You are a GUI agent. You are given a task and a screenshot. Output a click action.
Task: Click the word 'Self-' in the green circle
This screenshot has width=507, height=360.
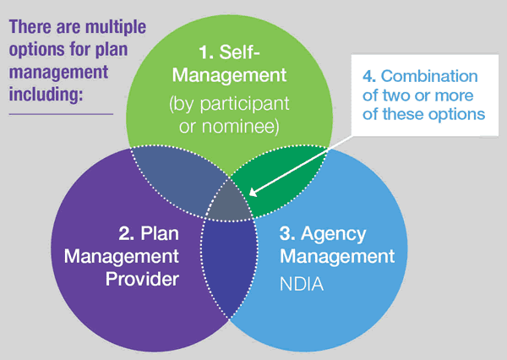[239, 52]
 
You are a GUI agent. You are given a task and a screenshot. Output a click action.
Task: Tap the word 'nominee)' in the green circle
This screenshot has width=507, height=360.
[240, 126]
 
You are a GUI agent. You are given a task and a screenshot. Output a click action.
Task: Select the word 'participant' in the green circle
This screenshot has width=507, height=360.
[244, 104]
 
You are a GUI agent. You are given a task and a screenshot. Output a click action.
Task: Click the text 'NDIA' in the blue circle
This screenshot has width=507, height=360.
[302, 284]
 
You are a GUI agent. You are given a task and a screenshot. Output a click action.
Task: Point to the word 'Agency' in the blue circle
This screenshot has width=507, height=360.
[334, 234]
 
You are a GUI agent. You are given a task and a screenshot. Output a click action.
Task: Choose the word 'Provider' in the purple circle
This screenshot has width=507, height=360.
[142, 279]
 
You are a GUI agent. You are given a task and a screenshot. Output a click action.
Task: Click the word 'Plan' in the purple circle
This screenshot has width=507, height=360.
[160, 233]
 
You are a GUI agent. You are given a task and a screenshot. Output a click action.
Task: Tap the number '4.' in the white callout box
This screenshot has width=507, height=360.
[369, 76]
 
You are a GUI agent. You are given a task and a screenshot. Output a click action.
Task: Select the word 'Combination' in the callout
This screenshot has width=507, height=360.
[429, 76]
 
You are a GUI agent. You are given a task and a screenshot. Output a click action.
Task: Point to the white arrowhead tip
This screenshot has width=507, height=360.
[249, 195]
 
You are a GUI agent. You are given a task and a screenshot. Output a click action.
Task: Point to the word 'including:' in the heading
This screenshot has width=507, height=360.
[46, 94]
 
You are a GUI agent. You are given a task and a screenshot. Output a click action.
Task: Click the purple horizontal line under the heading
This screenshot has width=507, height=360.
[61, 114]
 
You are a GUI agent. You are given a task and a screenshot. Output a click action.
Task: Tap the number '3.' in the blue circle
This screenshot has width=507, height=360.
[287, 233]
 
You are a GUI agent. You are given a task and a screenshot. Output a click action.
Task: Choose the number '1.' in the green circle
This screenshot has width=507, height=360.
[206, 52]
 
